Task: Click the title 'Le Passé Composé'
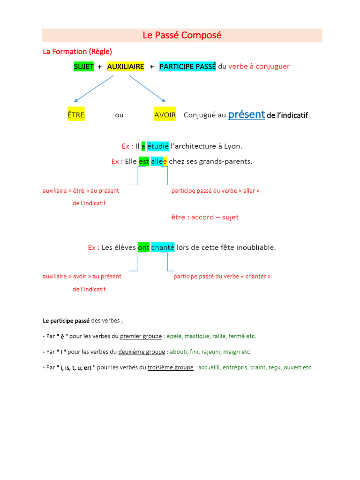tap(182, 35)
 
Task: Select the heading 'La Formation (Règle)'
tap(77, 51)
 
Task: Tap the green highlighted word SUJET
tap(84, 67)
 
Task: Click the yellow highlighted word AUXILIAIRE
tap(126, 67)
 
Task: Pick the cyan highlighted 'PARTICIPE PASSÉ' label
tap(187, 67)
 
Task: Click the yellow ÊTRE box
tap(76, 115)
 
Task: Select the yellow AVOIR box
tap(165, 115)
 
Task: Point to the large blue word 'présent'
tap(247, 114)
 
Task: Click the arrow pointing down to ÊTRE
tap(94, 89)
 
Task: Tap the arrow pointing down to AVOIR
tap(147, 89)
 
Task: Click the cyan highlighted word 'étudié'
tap(157, 146)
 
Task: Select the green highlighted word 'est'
tap(144, 161)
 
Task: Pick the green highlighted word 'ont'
tap(143, 247)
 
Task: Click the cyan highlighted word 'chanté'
tap(163, 247)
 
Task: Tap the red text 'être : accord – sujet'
tap(205, 217)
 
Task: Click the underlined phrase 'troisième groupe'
tap(170, 367)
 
